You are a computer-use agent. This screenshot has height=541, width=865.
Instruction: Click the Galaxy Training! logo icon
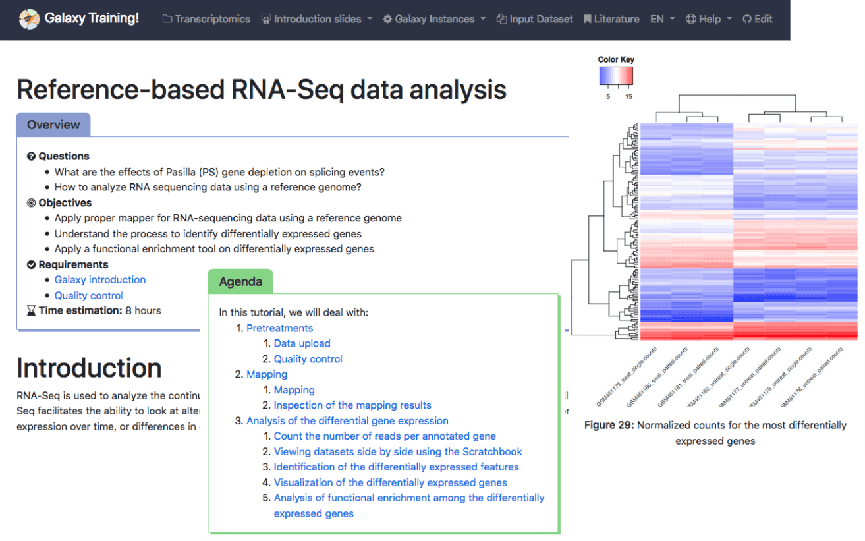click(x=28, y=19)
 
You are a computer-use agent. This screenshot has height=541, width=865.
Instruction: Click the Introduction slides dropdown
click(x=317, y=19)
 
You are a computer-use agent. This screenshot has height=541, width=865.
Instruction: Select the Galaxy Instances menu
click(x=434, y=19)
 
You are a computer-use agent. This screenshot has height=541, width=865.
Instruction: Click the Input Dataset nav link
click(x=534, y=19)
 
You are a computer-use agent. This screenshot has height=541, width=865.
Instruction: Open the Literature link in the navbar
click(x=611, y=19)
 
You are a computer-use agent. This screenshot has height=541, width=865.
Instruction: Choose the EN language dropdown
click(x=662, y=19)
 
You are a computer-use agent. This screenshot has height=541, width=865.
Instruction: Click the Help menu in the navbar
click(x=708, y=19)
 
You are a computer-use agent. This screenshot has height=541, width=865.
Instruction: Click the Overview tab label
click(x=53, y=125)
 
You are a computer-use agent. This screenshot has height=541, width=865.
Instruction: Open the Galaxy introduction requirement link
click(x=100, y=280)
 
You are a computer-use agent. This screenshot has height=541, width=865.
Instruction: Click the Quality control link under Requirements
click(x=89, y=296)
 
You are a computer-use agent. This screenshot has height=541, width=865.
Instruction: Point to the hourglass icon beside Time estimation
click(x=31, y=311)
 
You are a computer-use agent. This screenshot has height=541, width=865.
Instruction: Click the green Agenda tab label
click(x=240, y=281)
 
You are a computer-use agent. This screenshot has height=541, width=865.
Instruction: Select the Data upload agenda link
click(x=302, y=343)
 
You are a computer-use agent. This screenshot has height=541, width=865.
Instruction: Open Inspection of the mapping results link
click(x=352, y=405)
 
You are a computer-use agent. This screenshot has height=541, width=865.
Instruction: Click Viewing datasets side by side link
click(x=398, y=451)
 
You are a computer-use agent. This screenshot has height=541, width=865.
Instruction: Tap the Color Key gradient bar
click(x=615, y=76)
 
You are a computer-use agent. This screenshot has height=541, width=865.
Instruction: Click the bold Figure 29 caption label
click(x=609, y=425)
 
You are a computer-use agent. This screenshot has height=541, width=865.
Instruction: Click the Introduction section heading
click(x=89, y=368)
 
